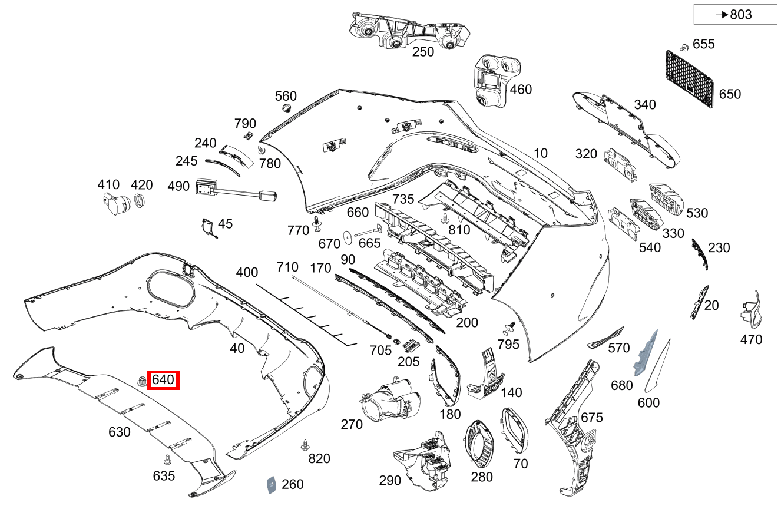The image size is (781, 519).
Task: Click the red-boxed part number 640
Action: [x=163, y=380]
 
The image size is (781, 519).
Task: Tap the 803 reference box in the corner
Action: [x=735, y=15]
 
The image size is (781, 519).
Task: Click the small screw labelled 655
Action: [x=684, y=46]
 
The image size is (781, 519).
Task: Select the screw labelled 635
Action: [x=167, y=458]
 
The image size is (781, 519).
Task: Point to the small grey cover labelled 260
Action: [x=272, y=484]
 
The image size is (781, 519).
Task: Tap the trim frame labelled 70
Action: [x=515, y=430]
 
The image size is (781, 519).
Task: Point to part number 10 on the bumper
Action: [x=540, y=153]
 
